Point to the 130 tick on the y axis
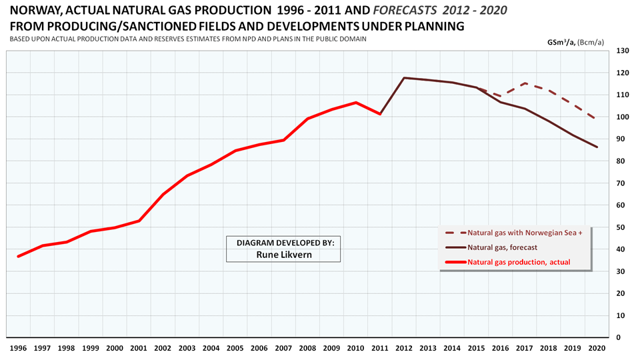pyautogui.click(x=623, y=51)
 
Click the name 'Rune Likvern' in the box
pyautogui.click(x=283, y=253)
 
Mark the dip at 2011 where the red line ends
pyautogui.click(x=380, y=114)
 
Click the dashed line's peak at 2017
pyautogui.click(x=526, y=83)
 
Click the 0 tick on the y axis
pyautogui.click(x=619, y=337)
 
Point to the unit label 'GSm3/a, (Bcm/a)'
pyautogui.click(x=575, y=41)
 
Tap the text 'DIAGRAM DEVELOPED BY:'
pyautogui.click(x=283, y=242)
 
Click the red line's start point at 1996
pyautogui.click(x=18, y=256)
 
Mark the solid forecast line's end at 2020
pyautogui.click(x=597, y=147)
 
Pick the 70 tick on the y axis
pyautogui.click(x=621, y=183)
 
